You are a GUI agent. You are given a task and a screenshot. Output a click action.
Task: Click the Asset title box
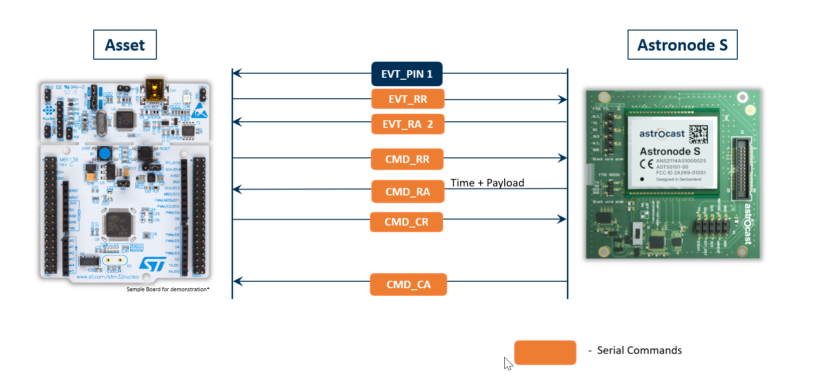[x=125, y=45]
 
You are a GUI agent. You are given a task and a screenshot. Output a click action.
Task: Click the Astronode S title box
[x=682, y=45]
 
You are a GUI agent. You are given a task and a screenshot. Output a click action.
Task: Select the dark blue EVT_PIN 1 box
[x=407, y=74]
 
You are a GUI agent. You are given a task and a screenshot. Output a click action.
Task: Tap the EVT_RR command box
[x=408, y=99]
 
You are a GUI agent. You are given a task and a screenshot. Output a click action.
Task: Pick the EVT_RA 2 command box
[x=408, y=124]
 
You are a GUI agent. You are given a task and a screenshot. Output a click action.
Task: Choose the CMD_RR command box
[x=407, y=159]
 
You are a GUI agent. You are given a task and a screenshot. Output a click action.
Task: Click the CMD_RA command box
[x=408, y=191]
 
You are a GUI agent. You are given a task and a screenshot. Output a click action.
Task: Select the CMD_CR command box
[x=406, y=222]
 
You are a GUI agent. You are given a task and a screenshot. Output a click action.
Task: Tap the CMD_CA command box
[x=409, y=284]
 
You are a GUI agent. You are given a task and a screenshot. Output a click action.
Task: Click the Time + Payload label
[x=487, y=183]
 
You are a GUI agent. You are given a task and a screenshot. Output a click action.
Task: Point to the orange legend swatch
[x=545, y=352]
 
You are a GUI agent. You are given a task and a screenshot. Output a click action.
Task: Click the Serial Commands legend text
[x=639, y=350]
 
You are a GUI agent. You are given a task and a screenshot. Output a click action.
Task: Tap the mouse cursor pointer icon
[x=508, y=363]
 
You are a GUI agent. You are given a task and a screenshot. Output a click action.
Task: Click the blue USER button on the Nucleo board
[x=105, y=153]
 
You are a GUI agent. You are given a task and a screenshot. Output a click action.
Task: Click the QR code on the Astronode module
[x=698, y=134]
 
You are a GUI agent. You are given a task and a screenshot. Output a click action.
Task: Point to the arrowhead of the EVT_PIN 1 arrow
[x=237, y=74]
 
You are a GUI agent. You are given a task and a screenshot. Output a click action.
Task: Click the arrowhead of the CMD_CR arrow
[x=562, y=219]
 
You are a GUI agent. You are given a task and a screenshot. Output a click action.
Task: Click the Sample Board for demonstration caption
[x=168, y=289]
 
